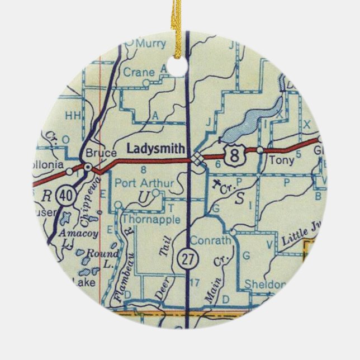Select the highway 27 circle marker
click(x=186, y=258)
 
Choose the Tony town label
click(x=277, y=159)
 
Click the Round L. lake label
click(x=98, y=255)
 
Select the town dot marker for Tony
click(x=260, y=150)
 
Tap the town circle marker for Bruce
click(x=88, y=166)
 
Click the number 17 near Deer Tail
click(x=194, y=281)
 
